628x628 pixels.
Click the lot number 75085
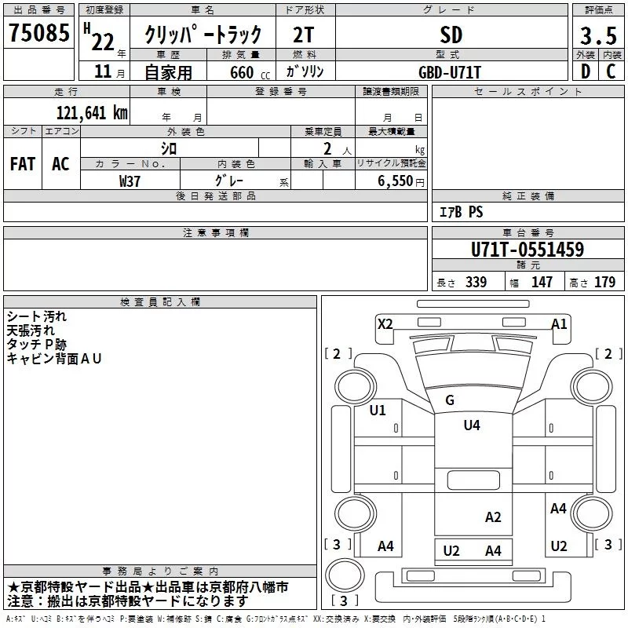[x=38, y=35]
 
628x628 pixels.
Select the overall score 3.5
[x=597, y=36]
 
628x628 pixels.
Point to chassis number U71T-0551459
[x=527, y=250]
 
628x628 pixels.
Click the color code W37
[x=130, y=181]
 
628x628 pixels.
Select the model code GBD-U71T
[x=451, y=71]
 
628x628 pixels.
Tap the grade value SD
[x=451, y=35]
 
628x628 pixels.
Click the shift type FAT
[x=23, y=164]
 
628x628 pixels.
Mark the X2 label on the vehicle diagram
[x=385, y=323]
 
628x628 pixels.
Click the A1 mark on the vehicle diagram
[x=559, y=323]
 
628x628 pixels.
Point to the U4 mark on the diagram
[x=471, y=425]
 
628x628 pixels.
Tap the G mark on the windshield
[x=450, y=400]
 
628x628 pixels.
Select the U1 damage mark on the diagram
[x=378, y=410]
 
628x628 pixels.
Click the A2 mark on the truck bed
[x=493, y=517]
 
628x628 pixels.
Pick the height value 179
[x=604, y=282]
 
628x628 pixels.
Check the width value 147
[x=542, y=282]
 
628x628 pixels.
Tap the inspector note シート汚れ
[x=37, y=316]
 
